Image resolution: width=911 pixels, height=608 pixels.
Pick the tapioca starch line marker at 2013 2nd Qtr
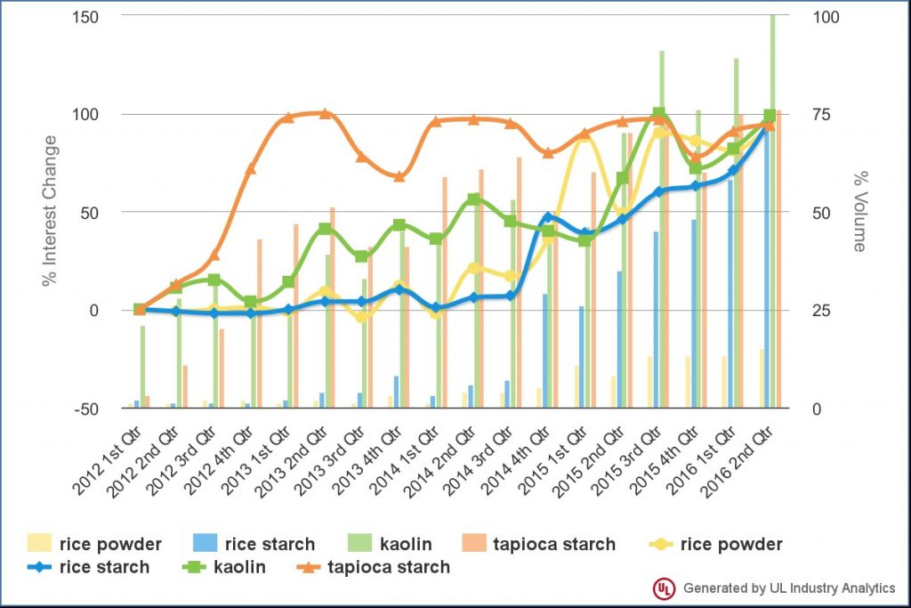pyautogui.click(x=325, y=114)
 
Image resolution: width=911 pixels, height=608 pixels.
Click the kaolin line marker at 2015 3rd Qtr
pyautogui.click(x=658, y=115)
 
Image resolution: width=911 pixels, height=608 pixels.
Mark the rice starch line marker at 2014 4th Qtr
pyautogui.click(x=548, y=216)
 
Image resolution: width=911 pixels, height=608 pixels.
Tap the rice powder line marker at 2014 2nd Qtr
pyautogui.click(x=474, y=268)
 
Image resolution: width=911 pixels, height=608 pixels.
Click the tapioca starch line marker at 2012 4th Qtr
pyautogui.click(x=251, y=168)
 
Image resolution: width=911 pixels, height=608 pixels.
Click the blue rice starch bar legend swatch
pyautogui.click(x=205, y=544)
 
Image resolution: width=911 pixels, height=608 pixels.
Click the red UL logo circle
pyautogui.click(x=663, y=588)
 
